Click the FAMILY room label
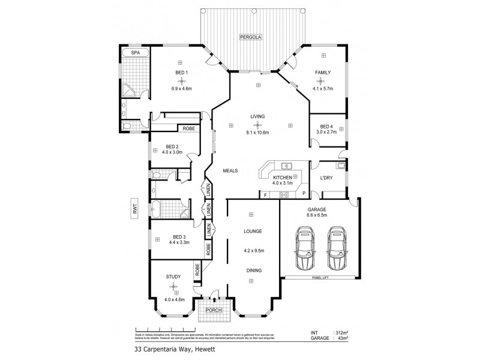click(323, 73)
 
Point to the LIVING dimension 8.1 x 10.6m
click(258, 133)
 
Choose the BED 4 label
click(326, 125)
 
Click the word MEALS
click(231, 171)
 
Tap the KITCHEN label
click(282, 178)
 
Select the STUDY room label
click(173, 277)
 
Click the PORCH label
click(214, 310)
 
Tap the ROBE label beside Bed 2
click(188, 128)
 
